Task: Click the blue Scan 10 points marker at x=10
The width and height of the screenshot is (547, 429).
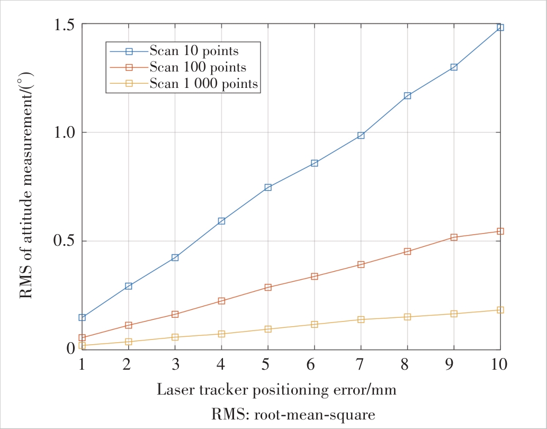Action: (500, 27)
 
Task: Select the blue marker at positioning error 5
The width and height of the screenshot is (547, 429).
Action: (268, 187)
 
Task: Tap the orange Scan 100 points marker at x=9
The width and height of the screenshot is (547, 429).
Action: (454, 237)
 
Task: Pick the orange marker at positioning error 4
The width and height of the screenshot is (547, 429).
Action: (221, 301)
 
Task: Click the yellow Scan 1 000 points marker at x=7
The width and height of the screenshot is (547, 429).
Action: (361, 319)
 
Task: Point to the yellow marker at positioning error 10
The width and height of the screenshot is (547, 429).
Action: (500, 310)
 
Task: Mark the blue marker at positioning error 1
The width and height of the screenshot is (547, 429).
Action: (82, 317)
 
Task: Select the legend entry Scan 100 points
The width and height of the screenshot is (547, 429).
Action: (198, 67)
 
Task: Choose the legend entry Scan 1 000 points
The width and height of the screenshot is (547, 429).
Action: (204, 83)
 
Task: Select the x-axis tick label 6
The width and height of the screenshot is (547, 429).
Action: (315, 364)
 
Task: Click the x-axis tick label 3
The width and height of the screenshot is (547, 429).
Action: (175, 364)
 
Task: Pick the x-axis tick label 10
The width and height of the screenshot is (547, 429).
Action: (500, 364)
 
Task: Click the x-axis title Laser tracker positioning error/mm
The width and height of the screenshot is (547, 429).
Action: (276, 390)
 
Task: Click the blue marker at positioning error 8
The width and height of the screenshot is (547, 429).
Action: (407, 95)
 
